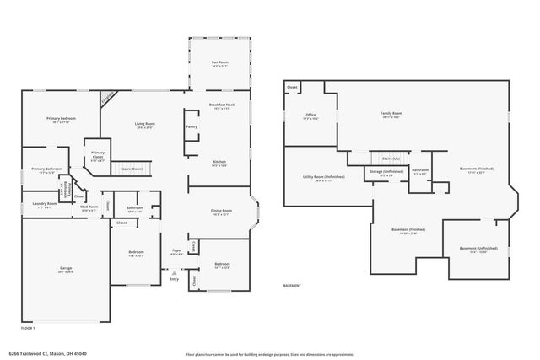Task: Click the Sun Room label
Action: click(x=219, y=64)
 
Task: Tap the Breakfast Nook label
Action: click(x=222, y=105)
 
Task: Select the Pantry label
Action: click(x=192, y=127)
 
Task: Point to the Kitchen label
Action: click(x=219, y=163)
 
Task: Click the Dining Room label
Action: click(x=221, y=212)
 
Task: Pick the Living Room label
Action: click(x=145, y=126)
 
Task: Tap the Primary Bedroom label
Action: click(x=61, y=120)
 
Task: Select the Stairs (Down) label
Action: click(x=132, y=169)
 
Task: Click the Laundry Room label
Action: click(x=45, y=204)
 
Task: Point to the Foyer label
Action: click(x=177, y=251)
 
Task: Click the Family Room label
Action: click(x=391, y=115)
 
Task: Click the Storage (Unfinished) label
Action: click(x=387, y=172)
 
